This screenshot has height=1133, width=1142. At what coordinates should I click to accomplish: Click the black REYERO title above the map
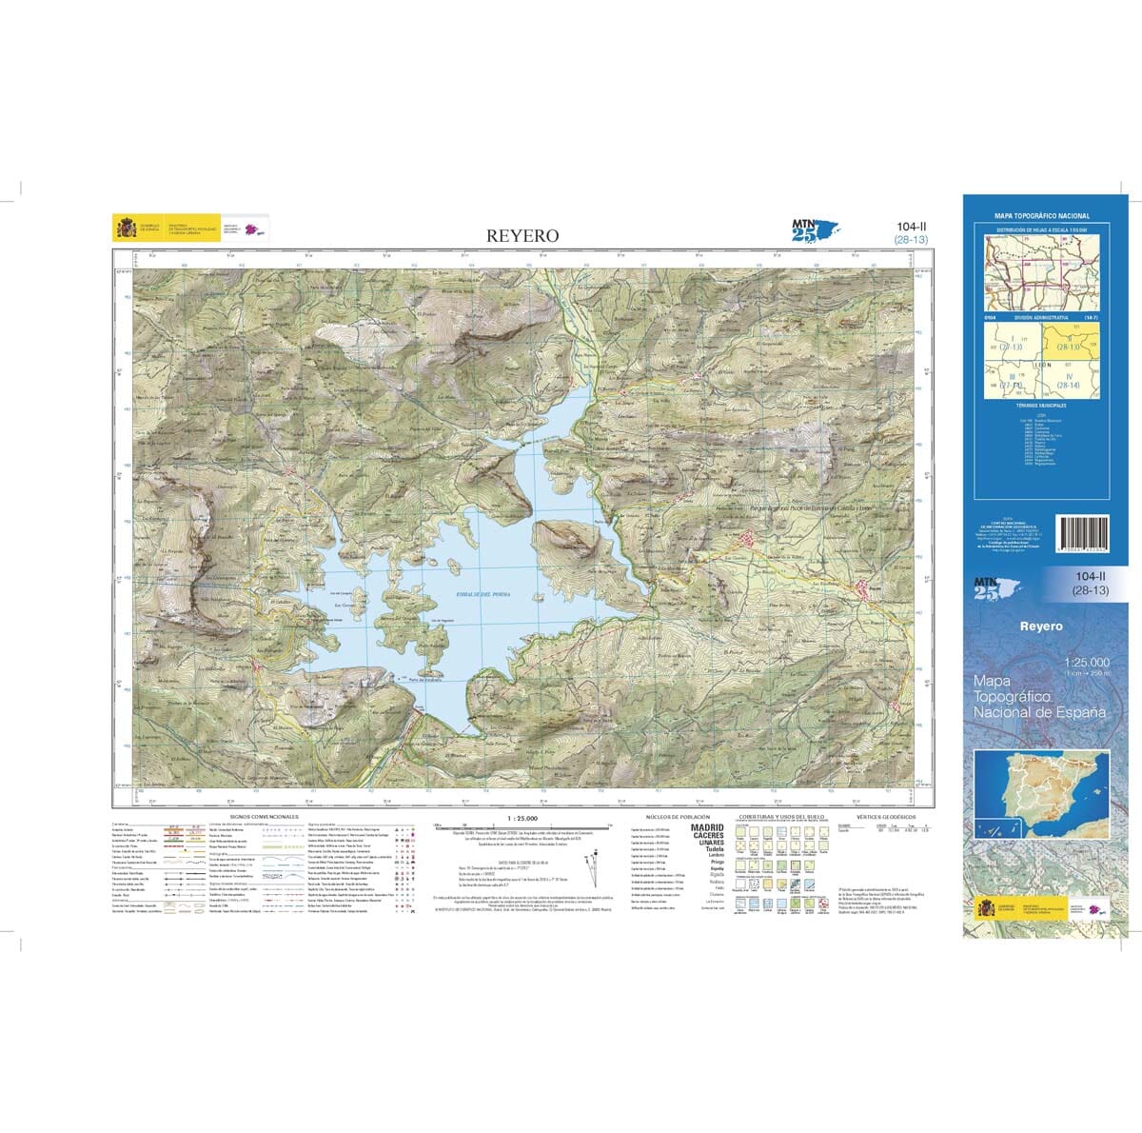point(523,235)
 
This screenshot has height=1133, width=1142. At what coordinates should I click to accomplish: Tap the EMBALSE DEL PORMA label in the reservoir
point(483,594)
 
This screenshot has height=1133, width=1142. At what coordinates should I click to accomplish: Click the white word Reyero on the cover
point(1041,626)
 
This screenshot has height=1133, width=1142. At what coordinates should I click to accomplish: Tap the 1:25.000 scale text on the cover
point(1087,662)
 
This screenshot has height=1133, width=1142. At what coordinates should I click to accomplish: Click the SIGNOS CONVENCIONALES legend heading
point(257,817)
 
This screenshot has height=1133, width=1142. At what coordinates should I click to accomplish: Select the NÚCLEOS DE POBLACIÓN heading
point(678,817)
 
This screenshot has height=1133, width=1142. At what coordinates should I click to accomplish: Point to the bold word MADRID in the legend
point(707,828)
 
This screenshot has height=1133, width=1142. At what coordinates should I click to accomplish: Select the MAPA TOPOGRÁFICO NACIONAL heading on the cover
point(1041,216)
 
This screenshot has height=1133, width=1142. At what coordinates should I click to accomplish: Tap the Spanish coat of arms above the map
point(126,229)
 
